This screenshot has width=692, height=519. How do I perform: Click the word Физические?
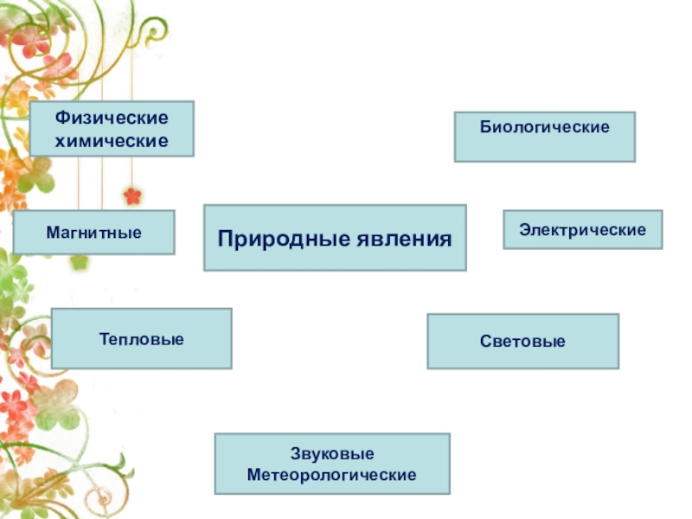112,118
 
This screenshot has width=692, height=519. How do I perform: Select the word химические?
112,141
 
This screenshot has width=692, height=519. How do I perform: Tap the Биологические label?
545,127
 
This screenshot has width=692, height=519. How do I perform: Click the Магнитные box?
94,232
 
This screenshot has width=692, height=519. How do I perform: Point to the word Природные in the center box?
284,240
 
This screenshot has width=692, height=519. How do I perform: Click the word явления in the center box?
404,240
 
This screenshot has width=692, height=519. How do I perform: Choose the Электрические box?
582,229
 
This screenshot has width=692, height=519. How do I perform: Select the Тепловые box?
142,338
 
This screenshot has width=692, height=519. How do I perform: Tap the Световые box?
523,341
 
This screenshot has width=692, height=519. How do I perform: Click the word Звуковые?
332,453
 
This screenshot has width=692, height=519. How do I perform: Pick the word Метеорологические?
332,475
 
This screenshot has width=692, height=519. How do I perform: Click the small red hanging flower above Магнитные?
132,195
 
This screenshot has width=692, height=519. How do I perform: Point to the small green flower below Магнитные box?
80,262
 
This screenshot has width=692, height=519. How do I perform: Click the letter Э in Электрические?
525,230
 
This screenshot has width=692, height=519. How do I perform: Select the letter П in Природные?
226,239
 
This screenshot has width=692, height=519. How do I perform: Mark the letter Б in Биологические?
485,127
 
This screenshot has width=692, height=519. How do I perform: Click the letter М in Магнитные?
53,232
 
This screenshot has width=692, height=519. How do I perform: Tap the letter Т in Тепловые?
105,339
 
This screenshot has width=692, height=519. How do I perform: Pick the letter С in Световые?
485,341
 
